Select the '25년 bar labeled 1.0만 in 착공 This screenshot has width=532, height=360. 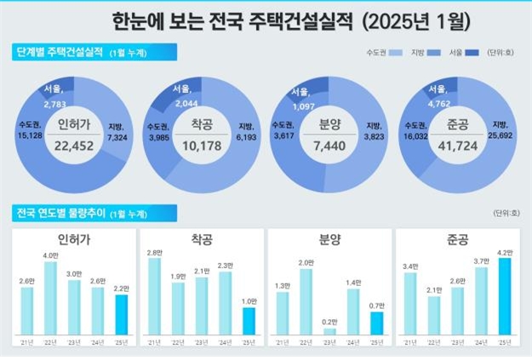249,321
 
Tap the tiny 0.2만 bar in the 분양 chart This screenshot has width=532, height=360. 329,331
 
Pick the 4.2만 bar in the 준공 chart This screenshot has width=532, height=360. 503,296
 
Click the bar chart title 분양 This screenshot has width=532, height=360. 329,240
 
